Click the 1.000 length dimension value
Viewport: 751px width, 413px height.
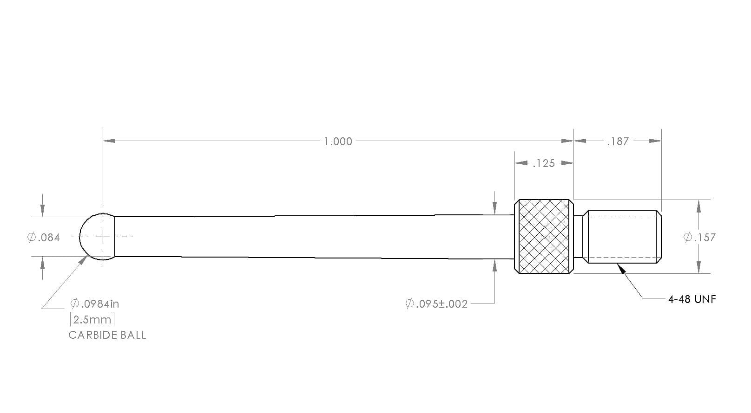click(x=338, y=142)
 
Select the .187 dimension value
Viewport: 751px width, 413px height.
click(x=618, y=142)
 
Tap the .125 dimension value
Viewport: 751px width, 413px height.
click(x=544, y=163)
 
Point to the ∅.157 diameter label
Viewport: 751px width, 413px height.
click(x=699, y=237)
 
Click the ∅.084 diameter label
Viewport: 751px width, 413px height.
click(x=44, y=238)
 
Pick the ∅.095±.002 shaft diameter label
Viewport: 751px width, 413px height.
click(x=436, y=303)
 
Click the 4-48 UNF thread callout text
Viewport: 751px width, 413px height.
click(x=692, y=299)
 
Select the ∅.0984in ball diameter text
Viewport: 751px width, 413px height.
click(x=94, y=303)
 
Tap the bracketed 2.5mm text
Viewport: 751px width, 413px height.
click(x=92, y=319)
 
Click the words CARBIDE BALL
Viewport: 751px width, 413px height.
click(x=107, y=335)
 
